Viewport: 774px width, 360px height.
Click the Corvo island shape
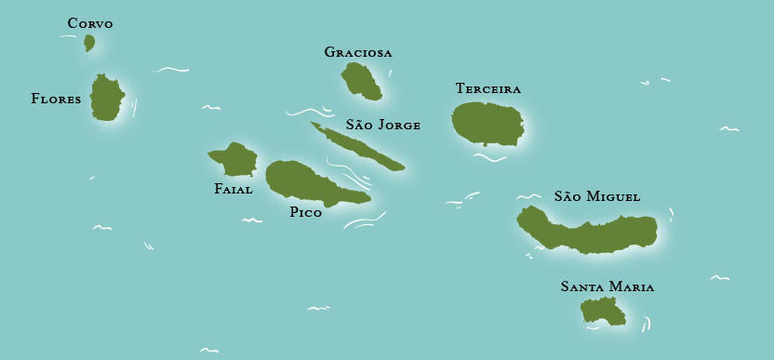pyautogui.click(x=89, y=43)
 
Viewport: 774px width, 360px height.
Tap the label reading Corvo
pyautogui.click(x=90, y=23)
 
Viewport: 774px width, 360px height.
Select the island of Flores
pyautogui.click(x=108, y=98)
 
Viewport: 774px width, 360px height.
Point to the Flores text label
pyautogui.click(x=56, y=98)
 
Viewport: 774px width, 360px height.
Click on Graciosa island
pyautogui.click(x=361, y=81)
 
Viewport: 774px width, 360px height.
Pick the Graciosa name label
pyautogui.click(x=358, y=52)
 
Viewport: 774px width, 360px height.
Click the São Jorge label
pyautogui.click(x=383, y=125)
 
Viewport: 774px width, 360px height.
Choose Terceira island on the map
pyautogui.click(x=487, y=123)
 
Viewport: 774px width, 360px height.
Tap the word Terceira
pyautogui.click(x=488, y=88)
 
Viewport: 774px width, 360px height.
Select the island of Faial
pyautogui.click(x=235, y=160)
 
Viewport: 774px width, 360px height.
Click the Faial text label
pyautogui.click(x=233, y=189)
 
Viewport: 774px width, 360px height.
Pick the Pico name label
pyautogui.click(x=306, y=213)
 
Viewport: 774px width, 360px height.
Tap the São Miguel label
pyautogui.click(x=597, y=196)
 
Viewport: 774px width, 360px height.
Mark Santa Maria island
pyautogui.click(x=604, y=312)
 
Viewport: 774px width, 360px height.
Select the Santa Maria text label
pyautogui.click(x=607, y=287)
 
